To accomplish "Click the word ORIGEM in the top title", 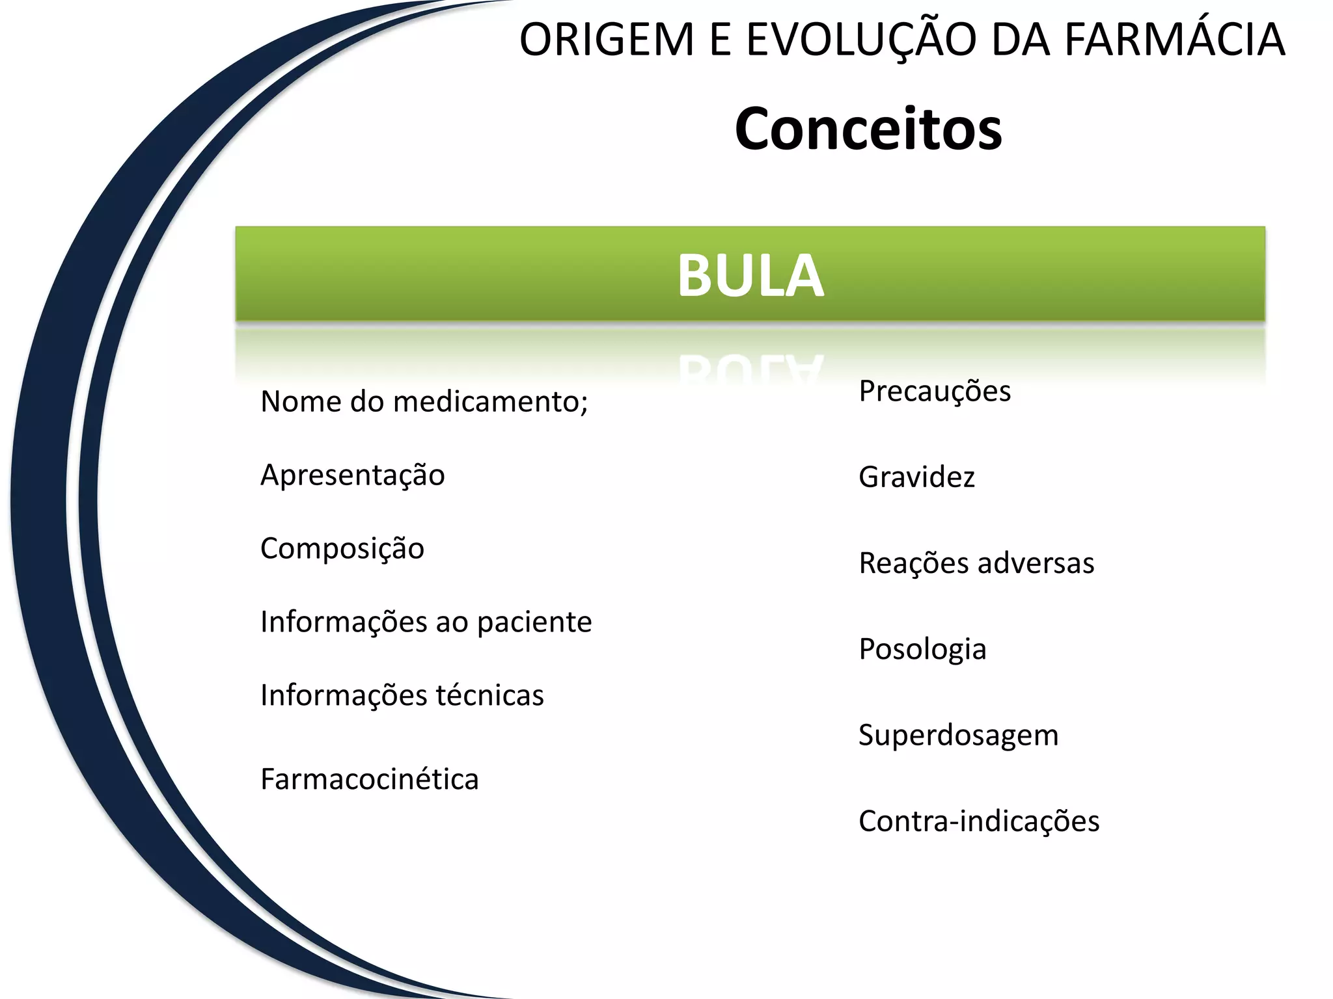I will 607,40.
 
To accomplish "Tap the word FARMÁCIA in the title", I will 1174,40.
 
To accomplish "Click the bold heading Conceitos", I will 868,129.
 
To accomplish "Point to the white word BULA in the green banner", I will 750,276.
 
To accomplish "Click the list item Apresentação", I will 352,475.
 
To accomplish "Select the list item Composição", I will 342,549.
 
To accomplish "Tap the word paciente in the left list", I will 534,622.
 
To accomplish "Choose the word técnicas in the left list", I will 489,695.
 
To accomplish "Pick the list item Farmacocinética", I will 369,779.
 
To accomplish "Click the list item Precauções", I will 935,392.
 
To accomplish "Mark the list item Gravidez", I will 916,477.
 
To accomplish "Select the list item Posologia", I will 922,650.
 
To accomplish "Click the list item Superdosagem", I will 958,736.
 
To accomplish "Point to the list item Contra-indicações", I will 979,821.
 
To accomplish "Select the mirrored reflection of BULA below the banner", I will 750,368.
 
